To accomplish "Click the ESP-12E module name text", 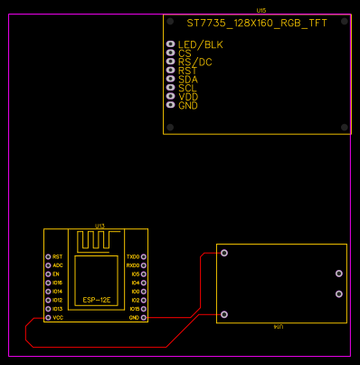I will click(97, 300).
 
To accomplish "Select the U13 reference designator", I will click(99, 226).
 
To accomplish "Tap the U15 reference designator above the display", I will click(261, 11).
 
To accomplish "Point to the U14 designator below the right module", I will click(279, 327).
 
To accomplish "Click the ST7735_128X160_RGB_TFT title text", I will click(257, 24).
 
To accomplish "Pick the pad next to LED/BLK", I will click(171, 44).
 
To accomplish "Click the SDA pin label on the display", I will click(188, 80).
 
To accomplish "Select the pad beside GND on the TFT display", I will click(171, 106).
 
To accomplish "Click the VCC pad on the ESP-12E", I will click(48, 318).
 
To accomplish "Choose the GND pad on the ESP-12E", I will click(145, 318).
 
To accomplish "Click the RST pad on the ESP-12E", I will click(48, 257).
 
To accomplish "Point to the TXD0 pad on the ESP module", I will click(145, 257).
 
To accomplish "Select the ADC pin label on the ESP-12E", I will click(58, 265).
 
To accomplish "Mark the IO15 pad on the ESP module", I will click(145, 309).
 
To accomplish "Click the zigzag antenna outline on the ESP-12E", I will click(97, 241).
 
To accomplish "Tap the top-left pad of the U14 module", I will click(224, 253).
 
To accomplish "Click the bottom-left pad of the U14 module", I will click(224, 314).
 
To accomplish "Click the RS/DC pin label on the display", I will click(195, 62).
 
